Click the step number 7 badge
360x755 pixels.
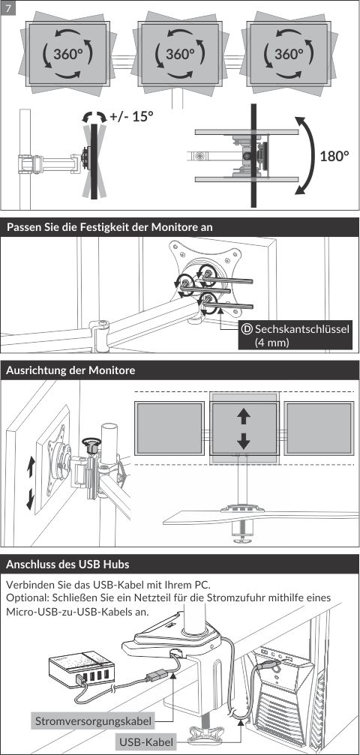[x=9, y=9]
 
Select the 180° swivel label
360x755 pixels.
[x=334, y=156]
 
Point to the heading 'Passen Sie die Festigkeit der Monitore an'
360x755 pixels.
[x=110, y=228]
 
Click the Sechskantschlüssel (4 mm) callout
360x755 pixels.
[x=295, y=335]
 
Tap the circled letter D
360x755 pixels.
[x=247, y=329]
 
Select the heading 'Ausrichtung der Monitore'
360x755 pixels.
[x=70, y=371]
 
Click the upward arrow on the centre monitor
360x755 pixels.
[x=244, y=416]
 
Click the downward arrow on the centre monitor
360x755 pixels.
[x=244, y=440]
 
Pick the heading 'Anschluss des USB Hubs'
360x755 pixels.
[x=68, y=564]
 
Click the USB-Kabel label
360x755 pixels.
[x=146, y=742]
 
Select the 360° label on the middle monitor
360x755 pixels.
[x=180, y=54]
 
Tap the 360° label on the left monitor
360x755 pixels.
[x=68, y=54]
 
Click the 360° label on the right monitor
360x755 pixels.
[x=289, y=54]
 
